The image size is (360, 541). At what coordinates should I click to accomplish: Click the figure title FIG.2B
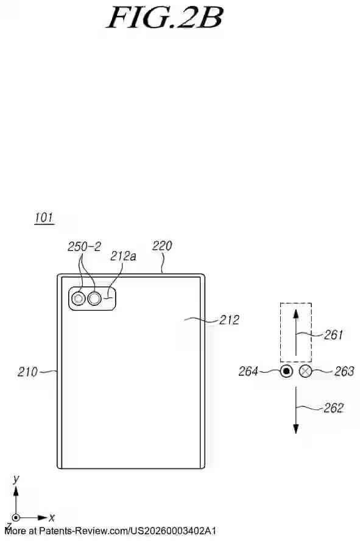click(164, 18)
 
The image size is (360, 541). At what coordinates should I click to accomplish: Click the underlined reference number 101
click(44, 217)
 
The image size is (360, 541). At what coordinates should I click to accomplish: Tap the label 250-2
click(84, 247)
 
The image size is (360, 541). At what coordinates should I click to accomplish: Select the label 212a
click(123, 256)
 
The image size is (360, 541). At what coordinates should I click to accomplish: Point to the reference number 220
click(162, 246)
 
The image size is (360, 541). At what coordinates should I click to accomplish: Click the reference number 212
click(229, 319)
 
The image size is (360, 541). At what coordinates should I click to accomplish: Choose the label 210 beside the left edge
click(27, 372)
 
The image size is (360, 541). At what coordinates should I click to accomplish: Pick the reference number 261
click(333, 334)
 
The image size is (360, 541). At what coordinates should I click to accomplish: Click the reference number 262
click(333, 408)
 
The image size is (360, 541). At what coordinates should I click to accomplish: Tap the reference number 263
click(344, 372)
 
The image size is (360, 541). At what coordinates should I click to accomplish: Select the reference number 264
click(249, 372)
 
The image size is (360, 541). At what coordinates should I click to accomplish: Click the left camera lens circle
click(79, 299)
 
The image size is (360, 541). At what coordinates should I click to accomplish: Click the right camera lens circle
click(95, 299)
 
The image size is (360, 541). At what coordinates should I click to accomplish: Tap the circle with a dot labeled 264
click(286, 372)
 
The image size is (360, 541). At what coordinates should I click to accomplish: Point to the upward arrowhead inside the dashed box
click(295, 314)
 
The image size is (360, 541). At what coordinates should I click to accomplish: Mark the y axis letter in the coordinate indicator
click(16, 479)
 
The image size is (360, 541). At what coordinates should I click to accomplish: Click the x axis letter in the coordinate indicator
click(52, 518)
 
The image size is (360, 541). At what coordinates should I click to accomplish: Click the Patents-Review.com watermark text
click(110, 531)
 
